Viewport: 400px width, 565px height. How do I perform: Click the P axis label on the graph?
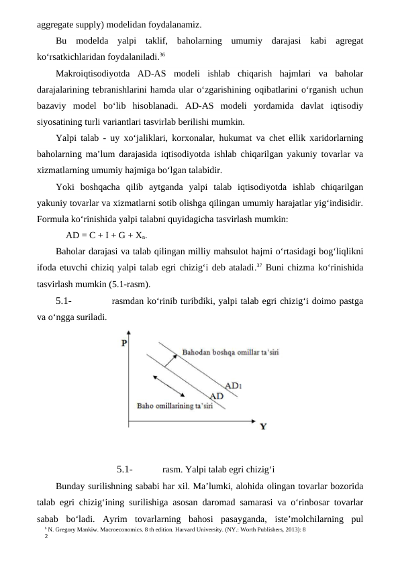point(124,344)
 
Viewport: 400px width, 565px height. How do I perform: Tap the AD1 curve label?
point(234,386)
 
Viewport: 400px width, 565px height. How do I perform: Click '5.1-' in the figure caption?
point(123,469)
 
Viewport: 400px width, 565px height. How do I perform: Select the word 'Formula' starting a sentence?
point(53,219)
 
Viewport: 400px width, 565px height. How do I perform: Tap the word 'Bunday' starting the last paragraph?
point(72,486)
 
